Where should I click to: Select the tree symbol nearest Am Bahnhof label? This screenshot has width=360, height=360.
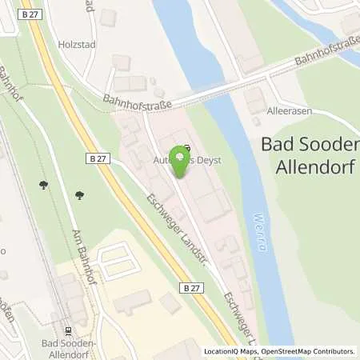pos(80,194)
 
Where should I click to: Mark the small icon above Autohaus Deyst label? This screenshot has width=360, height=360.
pos(186,148)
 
